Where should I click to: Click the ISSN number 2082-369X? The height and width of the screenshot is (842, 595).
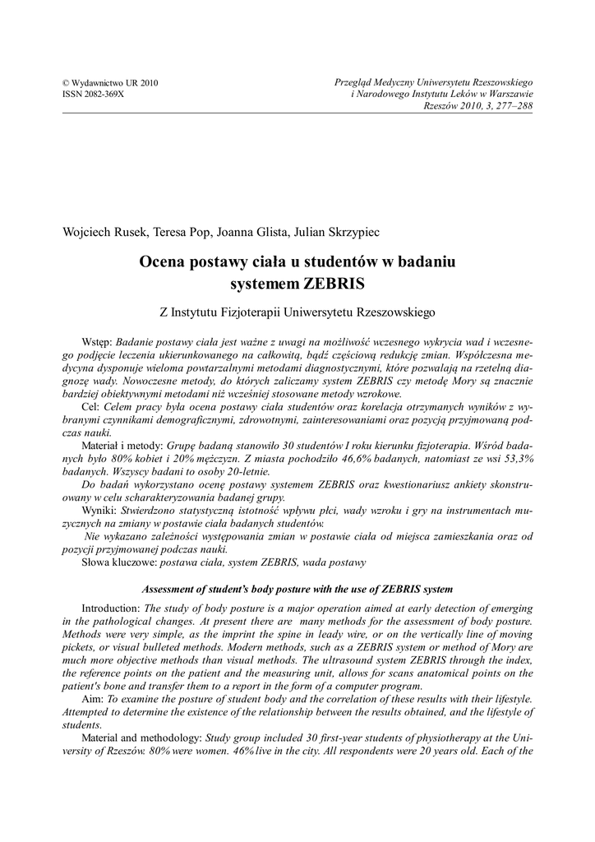coord(93,95)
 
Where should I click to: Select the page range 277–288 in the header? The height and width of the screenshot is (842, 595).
coord(512,106)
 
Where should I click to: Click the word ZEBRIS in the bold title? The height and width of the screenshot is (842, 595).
coord(333,284)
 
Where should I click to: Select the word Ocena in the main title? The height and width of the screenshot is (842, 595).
coord(164,262)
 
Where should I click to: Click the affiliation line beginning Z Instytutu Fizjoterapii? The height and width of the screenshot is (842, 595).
coord(297,312)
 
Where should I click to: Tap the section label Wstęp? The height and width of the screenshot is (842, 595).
coord(98,340)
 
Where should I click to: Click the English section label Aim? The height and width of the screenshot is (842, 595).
coord(93,701)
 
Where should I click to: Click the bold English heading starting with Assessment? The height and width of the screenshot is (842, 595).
coord(297,590)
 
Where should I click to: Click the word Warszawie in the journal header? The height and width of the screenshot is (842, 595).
coord(507,95)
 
